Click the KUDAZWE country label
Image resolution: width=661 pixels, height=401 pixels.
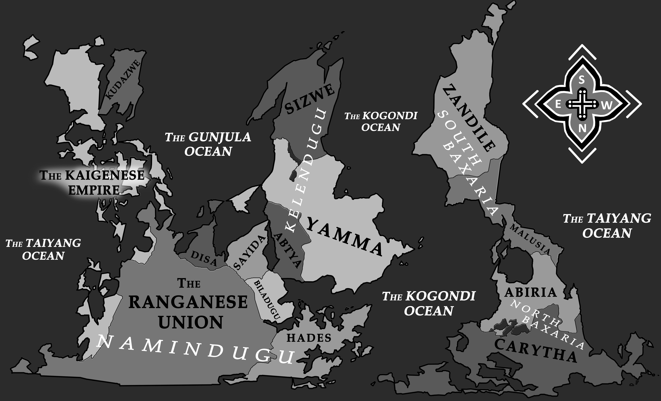(x=122, y=80)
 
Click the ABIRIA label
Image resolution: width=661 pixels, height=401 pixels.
(x=531, y=293)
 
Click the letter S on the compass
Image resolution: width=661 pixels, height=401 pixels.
(x=582, y=80)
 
